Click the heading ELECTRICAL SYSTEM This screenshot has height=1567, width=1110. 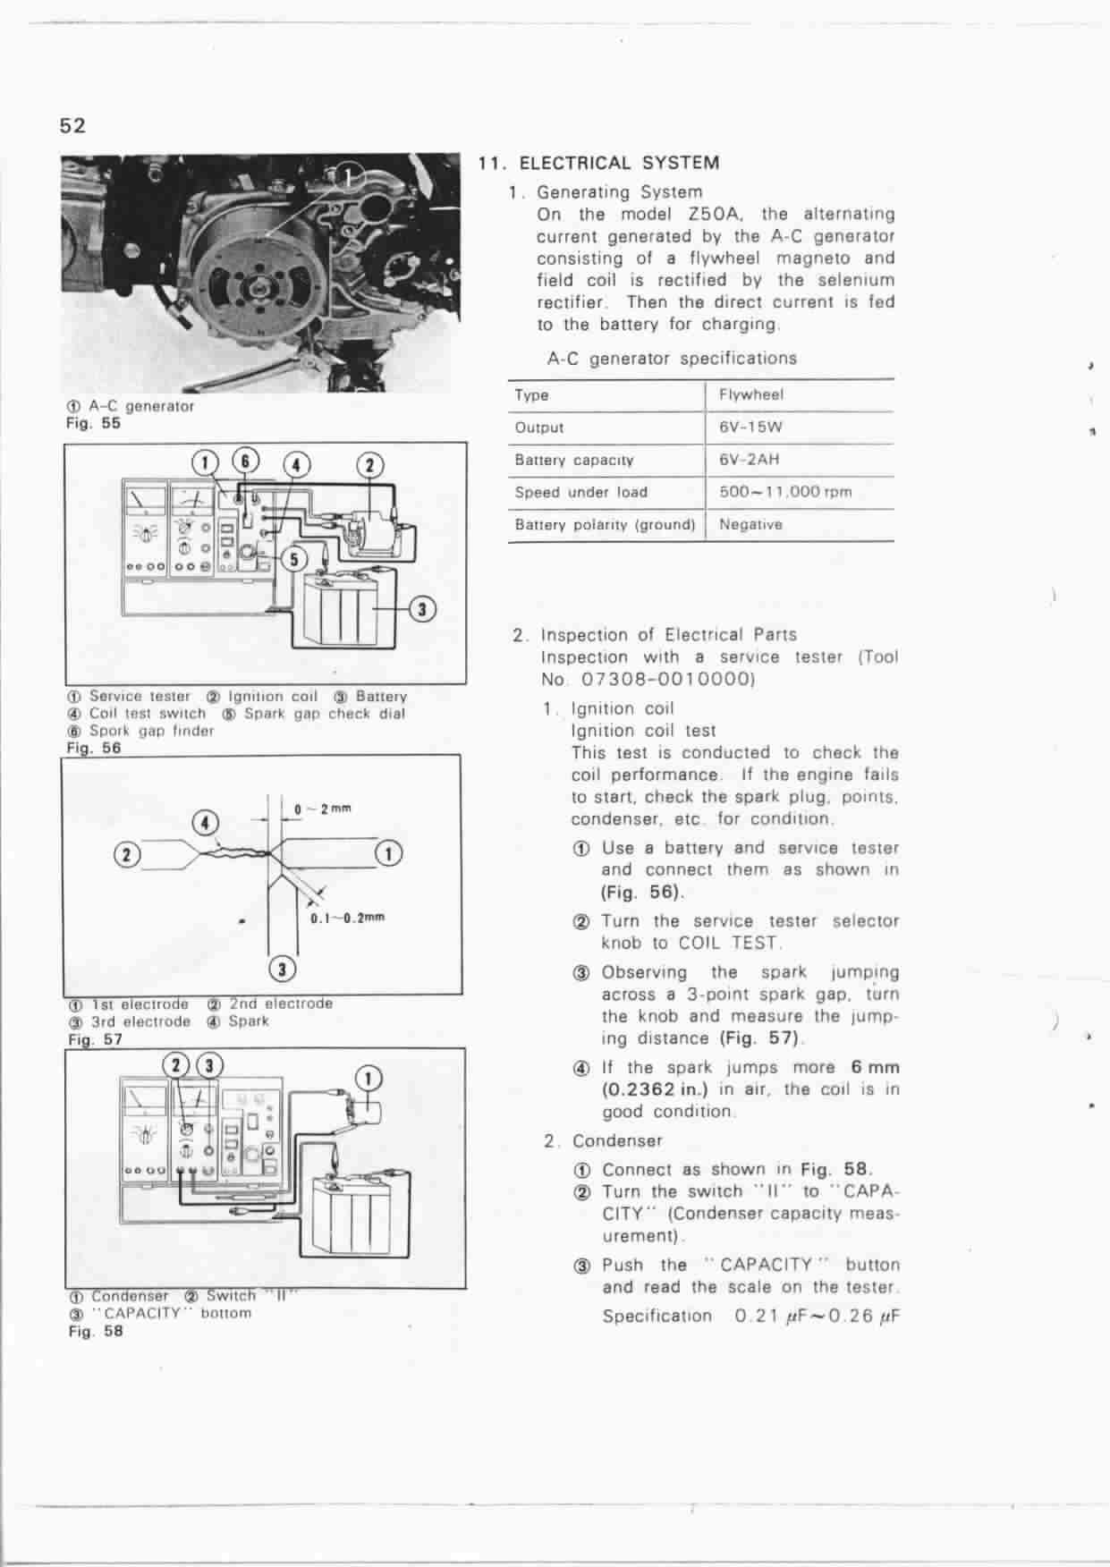pyautogui.click(x=619, y=163)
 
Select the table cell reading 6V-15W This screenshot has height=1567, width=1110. pyautogui.click(x=750, y=428)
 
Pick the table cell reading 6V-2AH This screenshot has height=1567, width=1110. pyautogui.click(x=749, y=460)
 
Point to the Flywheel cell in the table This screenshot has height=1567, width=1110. pyautogui.click(x=750, y=394)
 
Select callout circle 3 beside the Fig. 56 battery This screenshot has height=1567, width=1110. pyautogui.click(x=422, y=609)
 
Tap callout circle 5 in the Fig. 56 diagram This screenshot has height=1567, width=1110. pyautogui.click(x=295, y=560)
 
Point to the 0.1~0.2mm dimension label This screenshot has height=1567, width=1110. pyautogui.click(x=347, y=918)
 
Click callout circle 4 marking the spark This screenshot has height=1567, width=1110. pyautogui.click(x=207, y=822)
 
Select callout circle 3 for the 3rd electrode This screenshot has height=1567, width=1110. pyautogui.click(x=283, y=969)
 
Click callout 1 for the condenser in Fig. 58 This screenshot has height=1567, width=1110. pyautogui.click(x=369, y=1078)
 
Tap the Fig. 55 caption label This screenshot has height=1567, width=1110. pyautogui.click(x=93, y=423)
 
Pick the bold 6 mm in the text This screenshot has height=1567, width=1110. pyautogui.click(x=876, y=1067)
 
